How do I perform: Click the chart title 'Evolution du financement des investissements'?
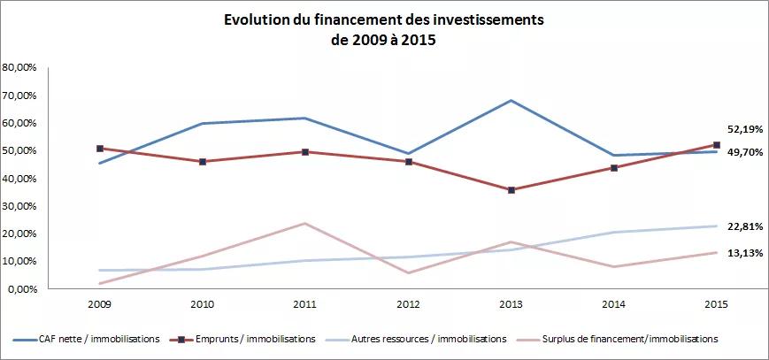(x=384, y=19)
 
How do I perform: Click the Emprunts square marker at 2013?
(x=511, y=190)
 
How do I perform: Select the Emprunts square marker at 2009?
(x=101, y=149)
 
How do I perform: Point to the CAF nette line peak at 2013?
(x=511, y=100)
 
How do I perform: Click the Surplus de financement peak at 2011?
(x=306, y=223)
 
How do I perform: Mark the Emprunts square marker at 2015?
(x=717, y=145)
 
